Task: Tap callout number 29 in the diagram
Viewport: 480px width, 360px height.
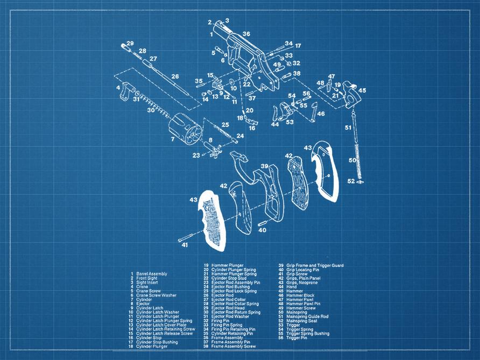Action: pos(130,44)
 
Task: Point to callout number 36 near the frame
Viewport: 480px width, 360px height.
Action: pos(246,34)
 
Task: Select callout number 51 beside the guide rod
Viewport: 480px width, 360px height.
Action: pos(348,128)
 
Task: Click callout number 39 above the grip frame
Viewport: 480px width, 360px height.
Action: pos(264,166)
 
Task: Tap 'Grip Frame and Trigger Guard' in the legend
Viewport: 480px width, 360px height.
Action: pos(314,265)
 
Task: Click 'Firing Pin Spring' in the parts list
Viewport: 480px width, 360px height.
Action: pos(227,326)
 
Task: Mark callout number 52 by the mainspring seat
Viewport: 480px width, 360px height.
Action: pos(351,181)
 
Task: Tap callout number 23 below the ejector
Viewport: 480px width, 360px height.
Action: pos(196,156)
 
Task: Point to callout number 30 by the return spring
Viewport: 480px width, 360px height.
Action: pos(150,110)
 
